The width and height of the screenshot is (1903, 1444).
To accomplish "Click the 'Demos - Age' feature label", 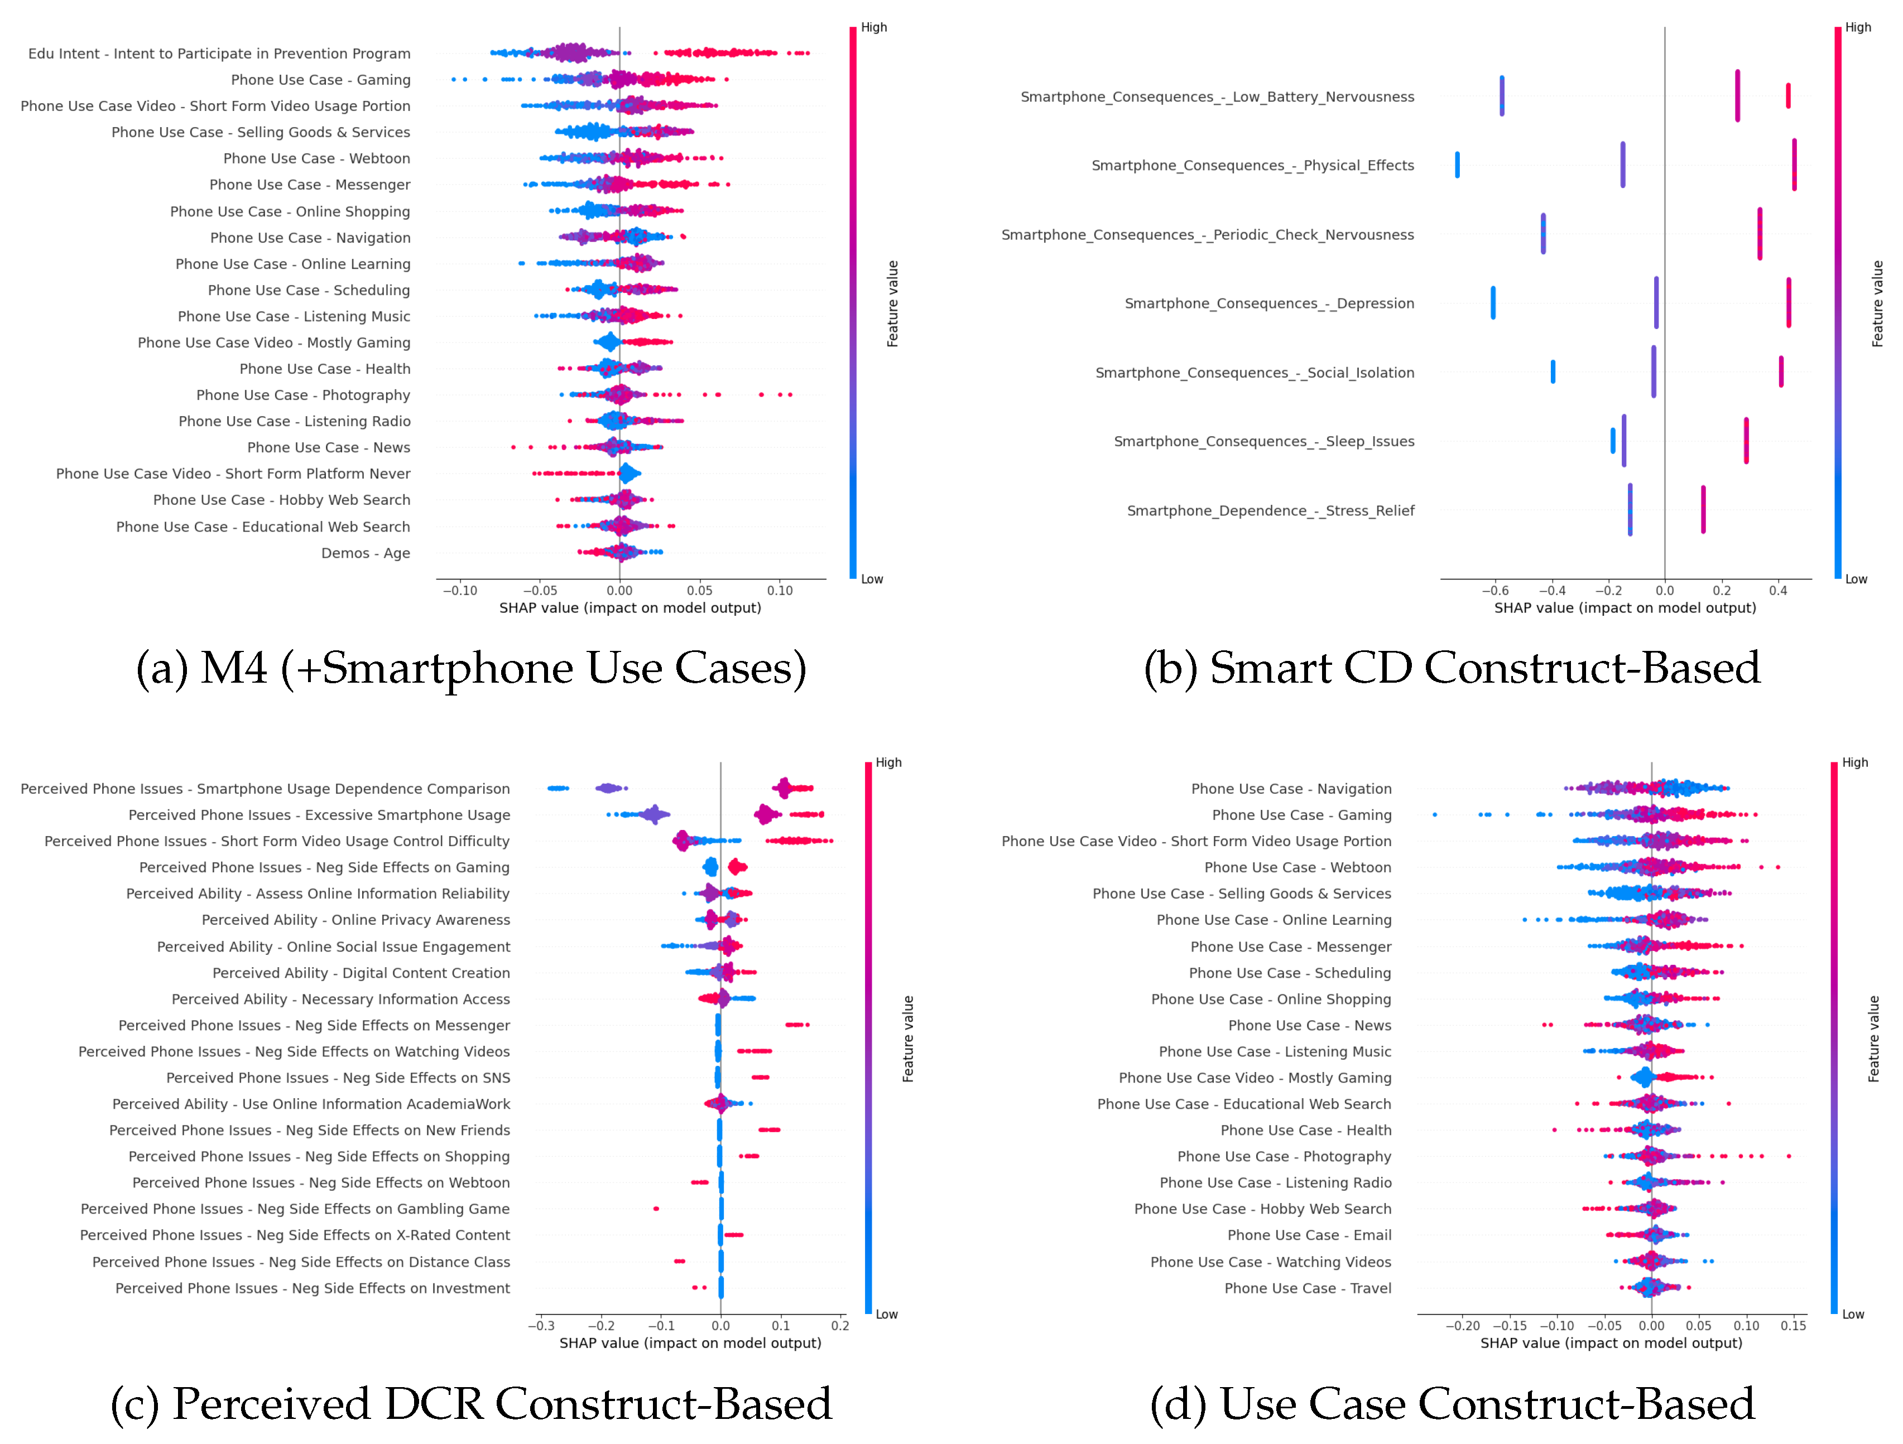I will pos(365,553).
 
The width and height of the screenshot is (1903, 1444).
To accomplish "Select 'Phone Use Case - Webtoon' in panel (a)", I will pos(316,158).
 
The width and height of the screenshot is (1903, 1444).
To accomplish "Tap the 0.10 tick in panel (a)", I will pos(780,591).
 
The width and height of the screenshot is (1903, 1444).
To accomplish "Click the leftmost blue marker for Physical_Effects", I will pos(1457,165).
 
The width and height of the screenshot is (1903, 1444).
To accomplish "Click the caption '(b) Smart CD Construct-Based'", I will pos(1452,668).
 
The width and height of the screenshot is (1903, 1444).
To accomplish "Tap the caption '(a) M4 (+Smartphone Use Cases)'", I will pos(472,668).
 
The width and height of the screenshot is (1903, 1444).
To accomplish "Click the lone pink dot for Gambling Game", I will pos(656,1208).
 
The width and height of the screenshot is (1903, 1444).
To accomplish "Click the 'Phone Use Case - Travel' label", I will pos(1307,1288).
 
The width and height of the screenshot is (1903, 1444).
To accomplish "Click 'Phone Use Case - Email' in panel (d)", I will pos(1309,1235).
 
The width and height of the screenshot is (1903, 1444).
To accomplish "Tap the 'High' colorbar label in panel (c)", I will pos(888,763).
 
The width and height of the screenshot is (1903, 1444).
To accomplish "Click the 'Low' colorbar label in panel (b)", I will pos(1856,579).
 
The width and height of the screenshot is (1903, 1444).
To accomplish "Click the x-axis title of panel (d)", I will pos(1611,1344).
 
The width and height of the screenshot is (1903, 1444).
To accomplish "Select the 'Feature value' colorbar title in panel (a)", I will pos(893,303).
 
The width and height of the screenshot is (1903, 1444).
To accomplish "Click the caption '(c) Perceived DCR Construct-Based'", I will pos(472,1404).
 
